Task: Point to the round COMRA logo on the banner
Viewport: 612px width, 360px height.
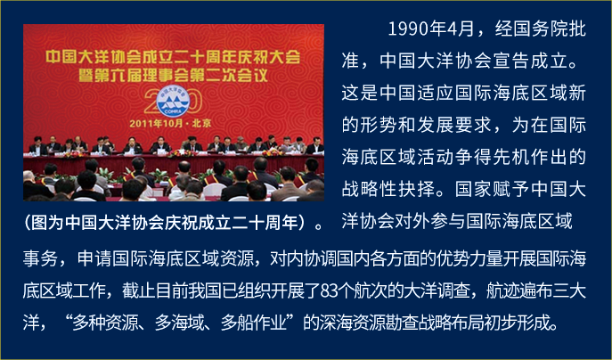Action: point(173,101)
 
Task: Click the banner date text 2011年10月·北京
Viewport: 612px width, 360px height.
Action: point(170,123)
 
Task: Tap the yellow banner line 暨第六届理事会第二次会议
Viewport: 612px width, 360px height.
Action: point(174,76)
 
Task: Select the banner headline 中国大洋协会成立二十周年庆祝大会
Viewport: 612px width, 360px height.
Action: point(173,57)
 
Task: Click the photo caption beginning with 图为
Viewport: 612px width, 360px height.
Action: point(173,223)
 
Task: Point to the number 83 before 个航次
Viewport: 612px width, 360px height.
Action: point(328,290)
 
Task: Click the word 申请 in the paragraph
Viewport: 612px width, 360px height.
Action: point(94,259)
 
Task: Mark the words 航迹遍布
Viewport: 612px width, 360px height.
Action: point(519,290)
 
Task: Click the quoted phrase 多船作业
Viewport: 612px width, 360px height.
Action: point(254,323)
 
